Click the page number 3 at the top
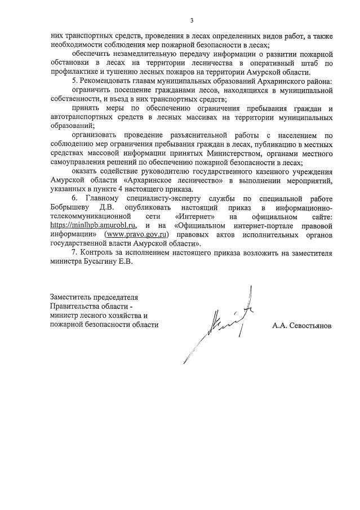click(x=192, y=21)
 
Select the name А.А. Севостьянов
click(x=301, y=325)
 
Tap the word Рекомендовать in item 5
click(x=106, y=82)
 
